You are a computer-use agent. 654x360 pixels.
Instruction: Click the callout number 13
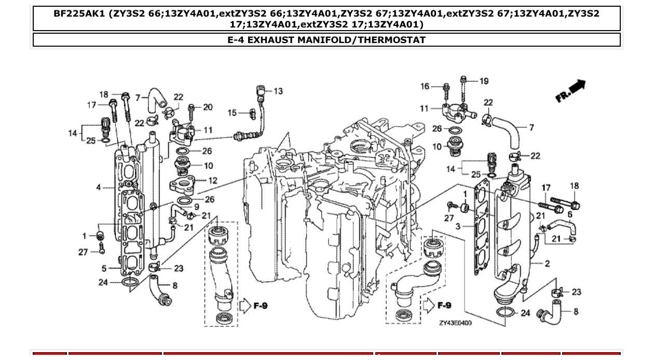click(278, 91)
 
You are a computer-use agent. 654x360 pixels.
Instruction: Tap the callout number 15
click(232, 113)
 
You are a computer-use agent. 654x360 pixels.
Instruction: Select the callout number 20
click(208, 107)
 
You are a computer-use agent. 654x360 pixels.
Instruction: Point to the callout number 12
click(213, 181)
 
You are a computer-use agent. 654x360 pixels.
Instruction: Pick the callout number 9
click(197, 206)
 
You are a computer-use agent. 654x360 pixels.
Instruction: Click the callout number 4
click(99, 187)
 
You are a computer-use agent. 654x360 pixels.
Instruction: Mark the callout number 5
click(104, 268)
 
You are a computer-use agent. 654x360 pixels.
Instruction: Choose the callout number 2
click(547, 264)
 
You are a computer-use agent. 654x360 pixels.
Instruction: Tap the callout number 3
click(458, 227)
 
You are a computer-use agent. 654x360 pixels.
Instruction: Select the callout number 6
click(570, 214)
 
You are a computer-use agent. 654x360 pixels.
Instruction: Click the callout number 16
click(425, 86)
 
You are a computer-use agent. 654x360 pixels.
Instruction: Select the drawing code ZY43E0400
click(455, 323)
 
